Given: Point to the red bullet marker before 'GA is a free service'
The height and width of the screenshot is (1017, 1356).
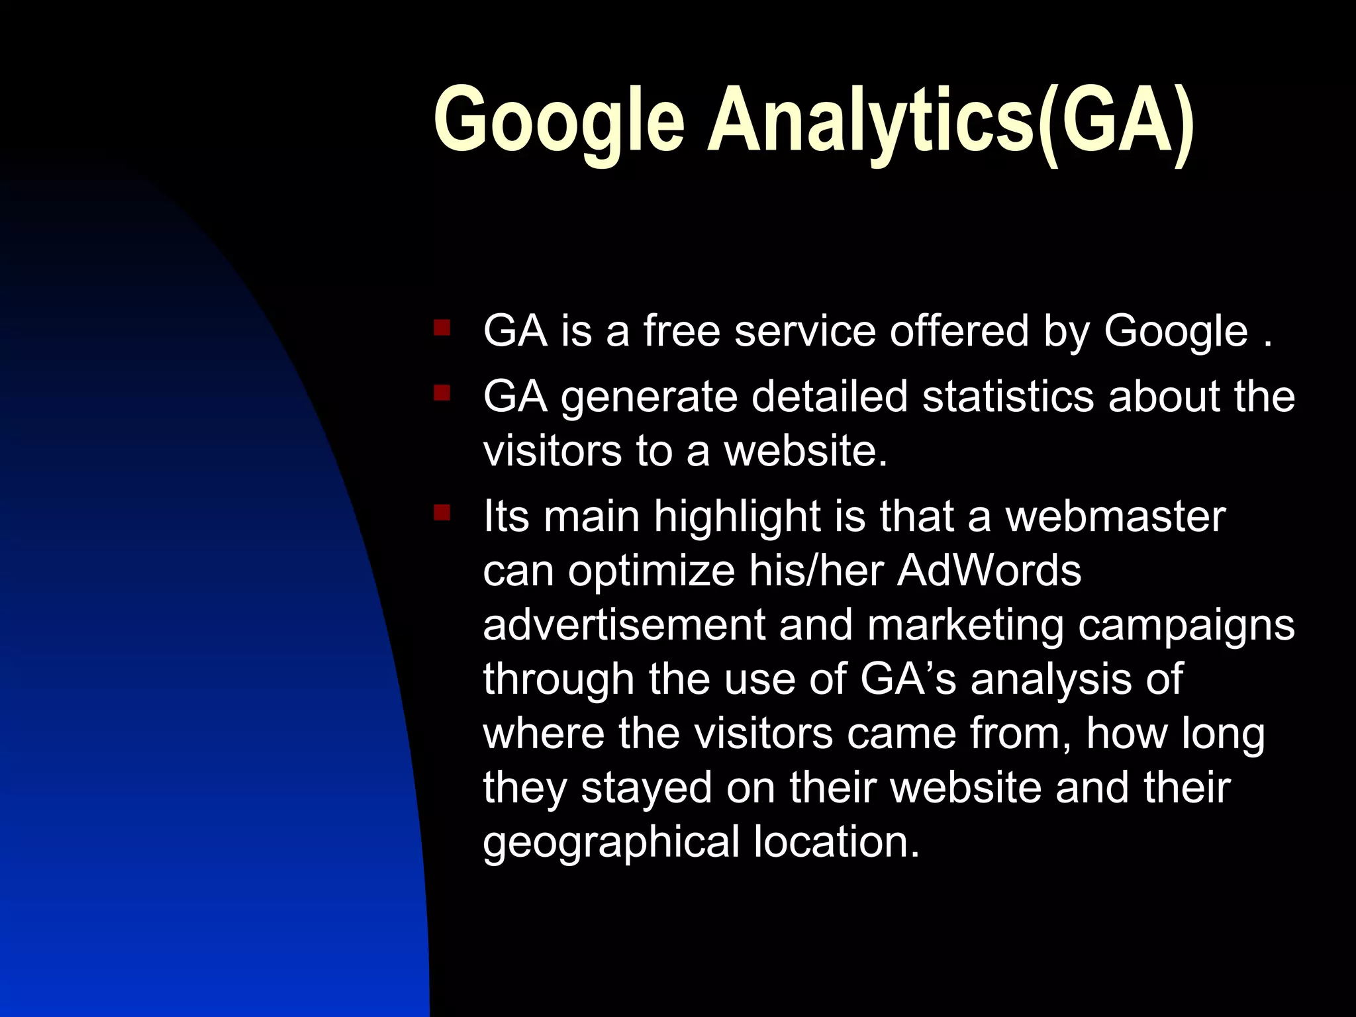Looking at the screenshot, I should coord(442,328).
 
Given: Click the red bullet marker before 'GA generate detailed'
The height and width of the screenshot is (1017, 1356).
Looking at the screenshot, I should coord(442,394).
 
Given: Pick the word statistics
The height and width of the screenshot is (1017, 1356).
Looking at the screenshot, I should coord(1008,397).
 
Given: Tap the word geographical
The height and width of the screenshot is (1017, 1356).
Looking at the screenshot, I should coord(610,843).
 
